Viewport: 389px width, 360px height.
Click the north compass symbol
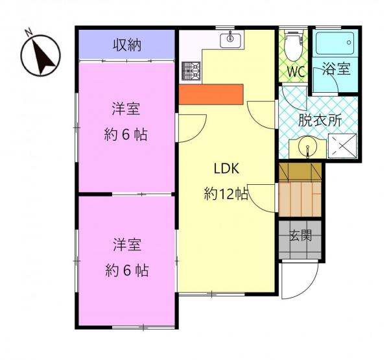click(40, 55)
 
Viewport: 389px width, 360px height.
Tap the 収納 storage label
click(127, 45)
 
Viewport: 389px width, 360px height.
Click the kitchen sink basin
click(230, 40)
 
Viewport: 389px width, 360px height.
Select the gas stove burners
click(191, 71)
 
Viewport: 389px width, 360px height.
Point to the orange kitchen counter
click(211, 94)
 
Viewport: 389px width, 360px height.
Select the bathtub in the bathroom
click(335, 43)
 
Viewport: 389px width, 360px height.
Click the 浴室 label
click(336, 69)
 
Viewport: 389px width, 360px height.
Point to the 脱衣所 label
click(320, 121)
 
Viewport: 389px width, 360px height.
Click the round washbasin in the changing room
click(307, 146)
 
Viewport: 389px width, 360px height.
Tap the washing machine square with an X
click(342, 146)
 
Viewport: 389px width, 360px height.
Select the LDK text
click(226, 169)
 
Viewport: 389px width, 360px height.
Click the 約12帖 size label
click(226, 194)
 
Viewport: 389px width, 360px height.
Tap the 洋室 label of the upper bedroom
click(126, 109)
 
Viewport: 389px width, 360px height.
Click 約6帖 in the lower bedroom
click(127, 270)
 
